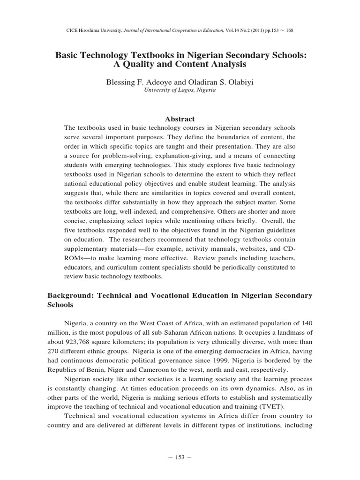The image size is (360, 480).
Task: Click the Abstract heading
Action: point(180,119)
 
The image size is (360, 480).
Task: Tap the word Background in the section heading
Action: point(73,295)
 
